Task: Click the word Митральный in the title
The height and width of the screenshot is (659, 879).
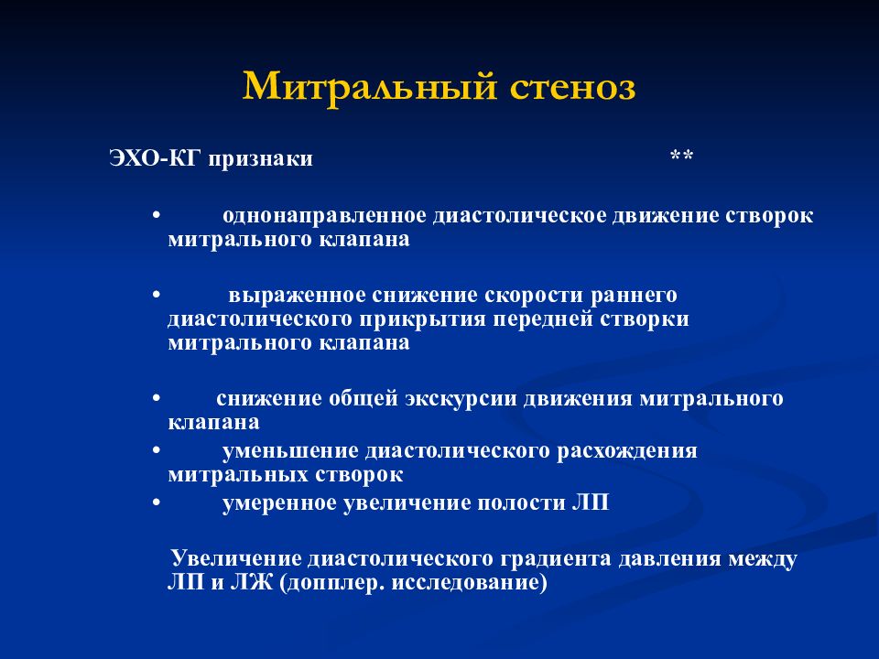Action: (370, 88)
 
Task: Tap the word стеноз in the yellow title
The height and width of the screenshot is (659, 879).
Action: (572, 89)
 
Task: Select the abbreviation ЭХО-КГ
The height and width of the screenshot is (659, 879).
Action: (155, 158)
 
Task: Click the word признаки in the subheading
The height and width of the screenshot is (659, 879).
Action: (261, 159)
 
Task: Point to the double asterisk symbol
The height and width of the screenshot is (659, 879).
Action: (681, 156)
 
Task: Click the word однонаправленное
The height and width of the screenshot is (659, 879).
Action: (324, 216)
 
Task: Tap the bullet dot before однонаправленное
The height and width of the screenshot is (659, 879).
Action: (157, 216)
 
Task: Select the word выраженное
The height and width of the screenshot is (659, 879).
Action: (298, 296)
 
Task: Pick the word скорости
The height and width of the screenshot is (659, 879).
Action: (534, 296)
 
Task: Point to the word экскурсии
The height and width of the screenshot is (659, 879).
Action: (461, 399)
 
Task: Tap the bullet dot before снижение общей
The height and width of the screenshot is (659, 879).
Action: (157, 398)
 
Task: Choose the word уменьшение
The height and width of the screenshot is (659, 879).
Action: (290, 451)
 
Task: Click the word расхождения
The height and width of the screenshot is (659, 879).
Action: (627, 451)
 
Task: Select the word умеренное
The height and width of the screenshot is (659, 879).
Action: (280, 502)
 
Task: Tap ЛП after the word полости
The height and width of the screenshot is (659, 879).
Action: (591, 502)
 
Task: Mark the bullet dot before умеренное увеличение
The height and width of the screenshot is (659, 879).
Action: (157, 502)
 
